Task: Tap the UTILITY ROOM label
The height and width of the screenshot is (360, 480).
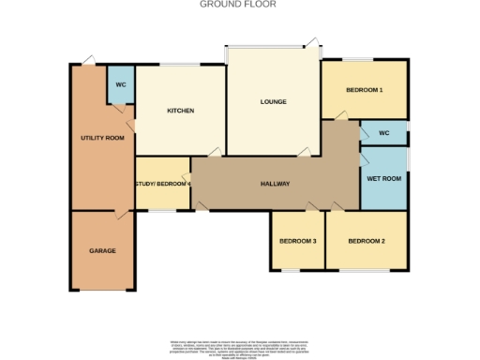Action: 102,139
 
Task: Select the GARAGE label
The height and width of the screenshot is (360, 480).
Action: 102,252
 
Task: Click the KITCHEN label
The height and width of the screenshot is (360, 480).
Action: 180,111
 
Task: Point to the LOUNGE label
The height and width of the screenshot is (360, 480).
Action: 273,102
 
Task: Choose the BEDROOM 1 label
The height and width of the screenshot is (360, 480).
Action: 364,90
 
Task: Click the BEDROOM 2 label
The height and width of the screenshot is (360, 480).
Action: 367,241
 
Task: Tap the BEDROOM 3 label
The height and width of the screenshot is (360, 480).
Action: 297,241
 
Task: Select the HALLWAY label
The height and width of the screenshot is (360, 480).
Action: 275,183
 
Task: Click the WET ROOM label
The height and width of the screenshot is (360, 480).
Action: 383,178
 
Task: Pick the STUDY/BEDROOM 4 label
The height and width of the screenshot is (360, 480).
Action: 163,184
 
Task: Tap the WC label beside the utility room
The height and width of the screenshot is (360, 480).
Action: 121,85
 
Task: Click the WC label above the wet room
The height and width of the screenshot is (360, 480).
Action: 383,133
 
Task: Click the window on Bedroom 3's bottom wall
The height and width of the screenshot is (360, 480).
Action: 292,272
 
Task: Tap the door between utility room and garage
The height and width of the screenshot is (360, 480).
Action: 119,215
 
